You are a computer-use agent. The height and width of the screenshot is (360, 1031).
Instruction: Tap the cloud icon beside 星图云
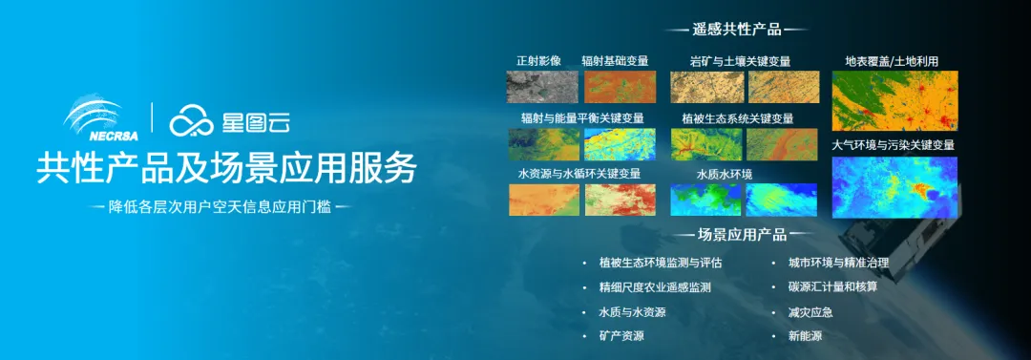click(x=191, y=121)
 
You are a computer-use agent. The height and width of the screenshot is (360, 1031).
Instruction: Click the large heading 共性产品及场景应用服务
click(x=226, y=169)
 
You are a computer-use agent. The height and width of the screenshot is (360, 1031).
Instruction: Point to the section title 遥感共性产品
click(x=736, y=30)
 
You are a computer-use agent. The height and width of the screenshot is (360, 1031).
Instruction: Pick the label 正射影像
click(x=538, y=61)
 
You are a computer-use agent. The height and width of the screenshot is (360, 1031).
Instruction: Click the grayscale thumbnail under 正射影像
click(x=542, y=87)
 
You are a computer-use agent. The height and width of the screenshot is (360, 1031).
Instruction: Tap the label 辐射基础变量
click(x=615, y=61)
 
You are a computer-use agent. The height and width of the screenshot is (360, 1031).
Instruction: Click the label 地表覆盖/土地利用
click(x=891, y=61)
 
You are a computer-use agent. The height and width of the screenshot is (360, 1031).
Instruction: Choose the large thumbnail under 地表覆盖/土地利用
click(x=894, y=101)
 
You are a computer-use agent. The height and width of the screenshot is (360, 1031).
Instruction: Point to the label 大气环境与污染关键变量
click(x=893, y=145)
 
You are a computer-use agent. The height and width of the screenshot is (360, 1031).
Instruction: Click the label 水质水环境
click(x=725, y=175)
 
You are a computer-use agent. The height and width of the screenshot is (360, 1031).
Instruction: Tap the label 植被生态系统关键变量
click(x=738, y=118)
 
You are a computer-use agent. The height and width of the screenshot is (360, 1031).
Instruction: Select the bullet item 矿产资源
click(x=621, y=335)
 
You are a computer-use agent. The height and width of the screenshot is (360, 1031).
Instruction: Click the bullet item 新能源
click(x=805, y=335)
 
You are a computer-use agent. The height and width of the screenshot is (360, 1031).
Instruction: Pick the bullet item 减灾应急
click(x=810, y=312)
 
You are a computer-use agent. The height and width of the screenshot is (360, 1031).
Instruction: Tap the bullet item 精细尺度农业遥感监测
click(x=655, y=287)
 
